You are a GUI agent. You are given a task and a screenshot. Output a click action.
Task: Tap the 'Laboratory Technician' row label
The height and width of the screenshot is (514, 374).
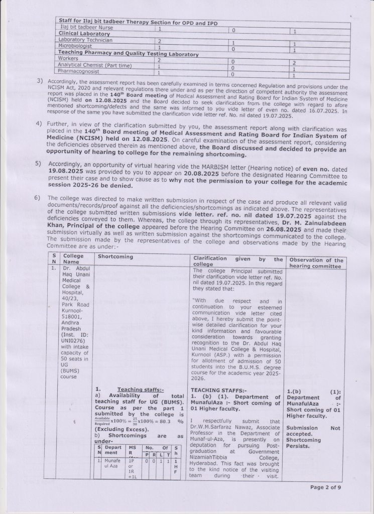(x=85, y=39)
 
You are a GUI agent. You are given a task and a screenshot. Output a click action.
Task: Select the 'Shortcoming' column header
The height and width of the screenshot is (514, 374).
(x=115, y=257)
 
